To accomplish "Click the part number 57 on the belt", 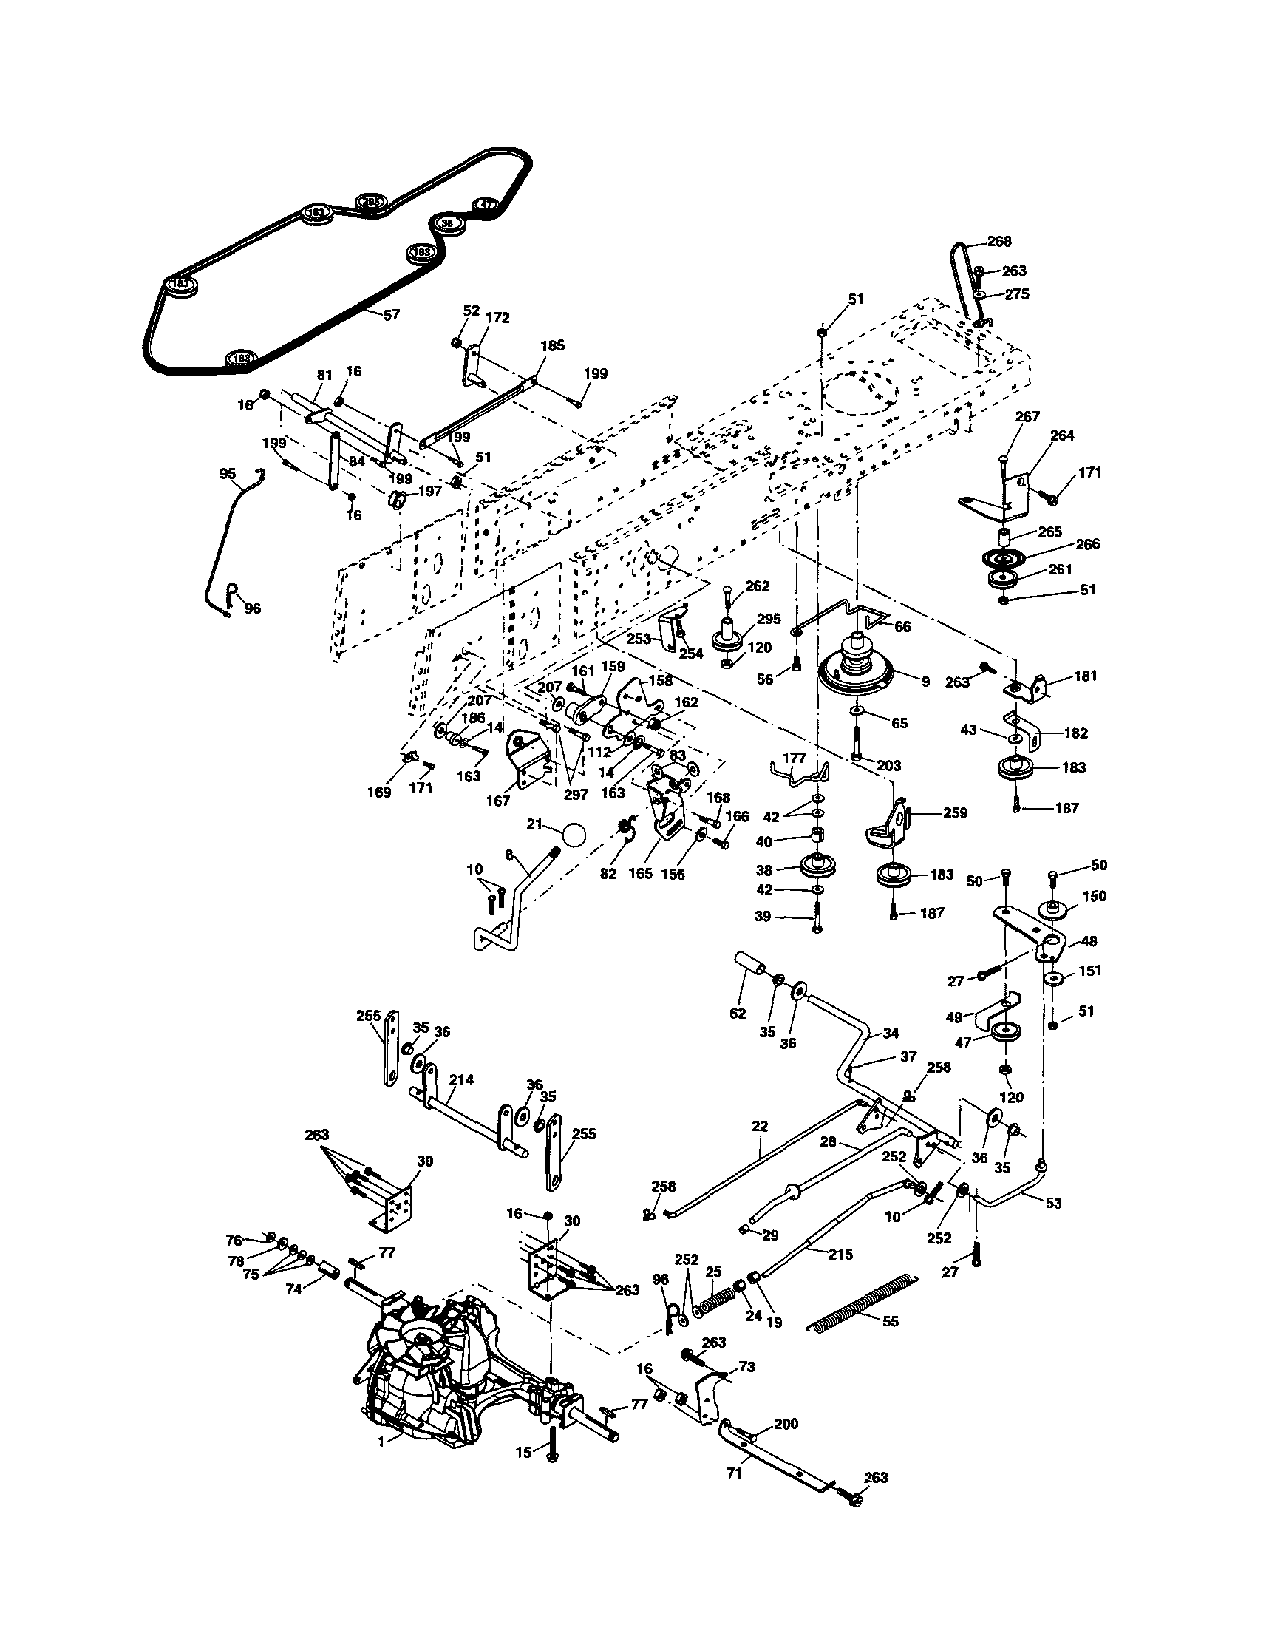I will point(391,315).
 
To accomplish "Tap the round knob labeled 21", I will point(574,835).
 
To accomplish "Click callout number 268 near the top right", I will point(998,242).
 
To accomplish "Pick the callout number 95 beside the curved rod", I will point(228,474).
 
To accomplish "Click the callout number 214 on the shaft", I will point(461,1080).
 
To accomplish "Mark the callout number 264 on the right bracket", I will point(1062,435).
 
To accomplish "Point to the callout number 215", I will point(840,1254).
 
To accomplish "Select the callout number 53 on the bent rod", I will point(1054,1203).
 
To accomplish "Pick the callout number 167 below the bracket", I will point(497,801).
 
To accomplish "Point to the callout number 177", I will point(794,758).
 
